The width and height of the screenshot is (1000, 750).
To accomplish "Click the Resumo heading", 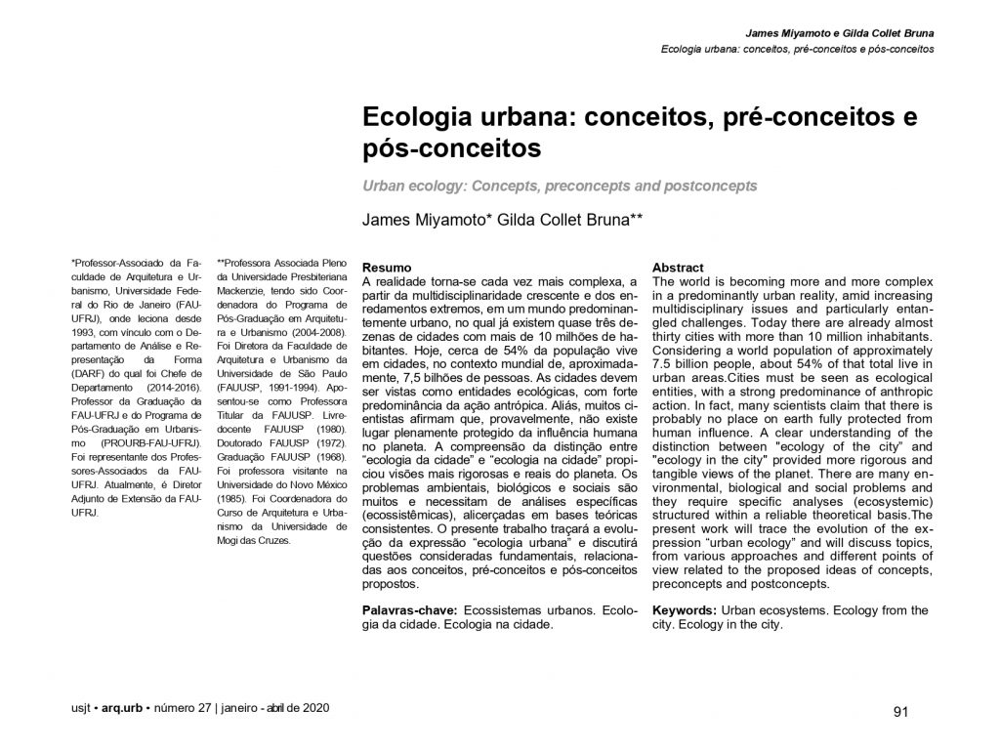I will (386, 267).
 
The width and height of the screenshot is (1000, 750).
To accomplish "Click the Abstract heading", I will (677, 267).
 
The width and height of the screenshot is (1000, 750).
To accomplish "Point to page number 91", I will (901, 711).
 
